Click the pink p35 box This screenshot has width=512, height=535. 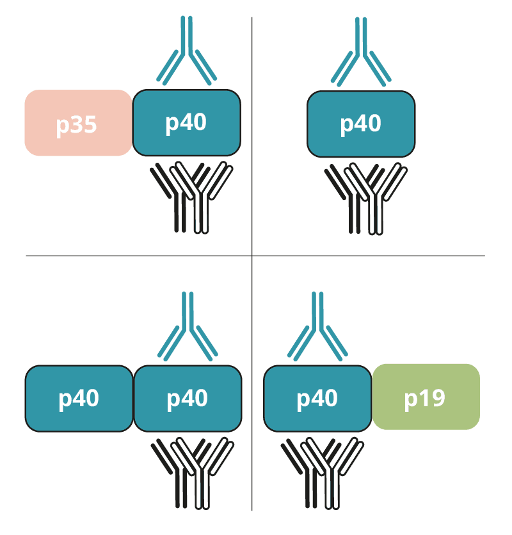[x=77, y=123]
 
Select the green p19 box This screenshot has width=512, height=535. [x=426, y=397]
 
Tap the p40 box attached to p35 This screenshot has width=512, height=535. [x=186, y=122]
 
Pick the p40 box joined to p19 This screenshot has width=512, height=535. [x=317, y=398]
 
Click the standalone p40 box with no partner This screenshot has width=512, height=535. [x=361, y=124]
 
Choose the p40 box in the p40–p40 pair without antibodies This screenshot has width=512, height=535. [x=79, y=398]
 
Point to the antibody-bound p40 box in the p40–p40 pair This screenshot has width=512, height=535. [x=188, y=398]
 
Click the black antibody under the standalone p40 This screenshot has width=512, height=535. [x=351, y=211]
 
